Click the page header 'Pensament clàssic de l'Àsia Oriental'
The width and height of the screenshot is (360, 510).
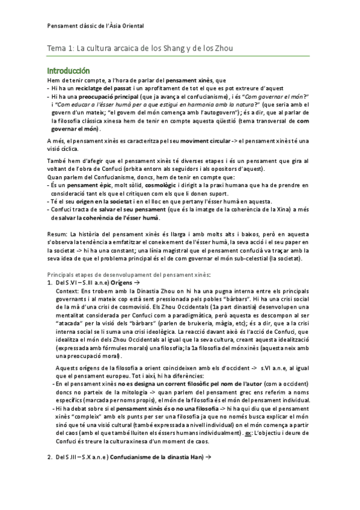click(x=95, y=26)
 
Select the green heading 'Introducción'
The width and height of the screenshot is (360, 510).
click(x=69, y=70)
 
